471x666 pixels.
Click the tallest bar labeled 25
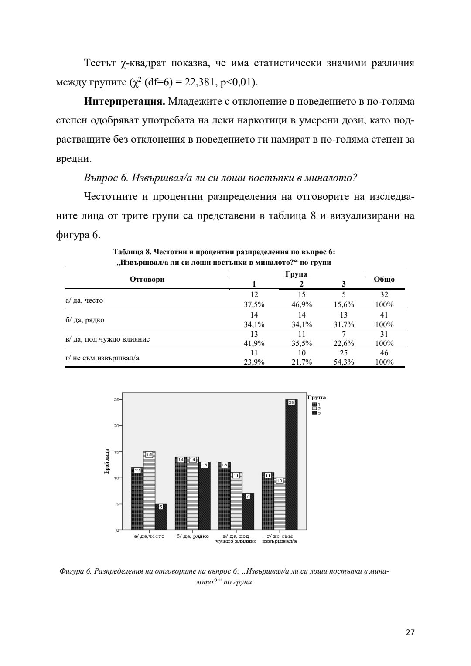point(291,464)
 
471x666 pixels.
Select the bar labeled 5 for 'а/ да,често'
point(161,517)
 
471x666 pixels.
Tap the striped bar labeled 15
point(149,491)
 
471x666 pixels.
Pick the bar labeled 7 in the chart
point(248,512)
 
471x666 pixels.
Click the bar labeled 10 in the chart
point(280,504)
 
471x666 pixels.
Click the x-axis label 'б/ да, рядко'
point(193,536)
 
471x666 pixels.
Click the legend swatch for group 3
point(314,413)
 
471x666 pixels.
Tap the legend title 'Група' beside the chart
point(317,397)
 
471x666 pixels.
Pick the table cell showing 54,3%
point(344,362)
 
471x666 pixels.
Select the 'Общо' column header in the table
point(384,279)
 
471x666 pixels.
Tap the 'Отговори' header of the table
point(147,279)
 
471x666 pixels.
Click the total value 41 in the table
point(384,315)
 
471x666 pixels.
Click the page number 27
point(410,632)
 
